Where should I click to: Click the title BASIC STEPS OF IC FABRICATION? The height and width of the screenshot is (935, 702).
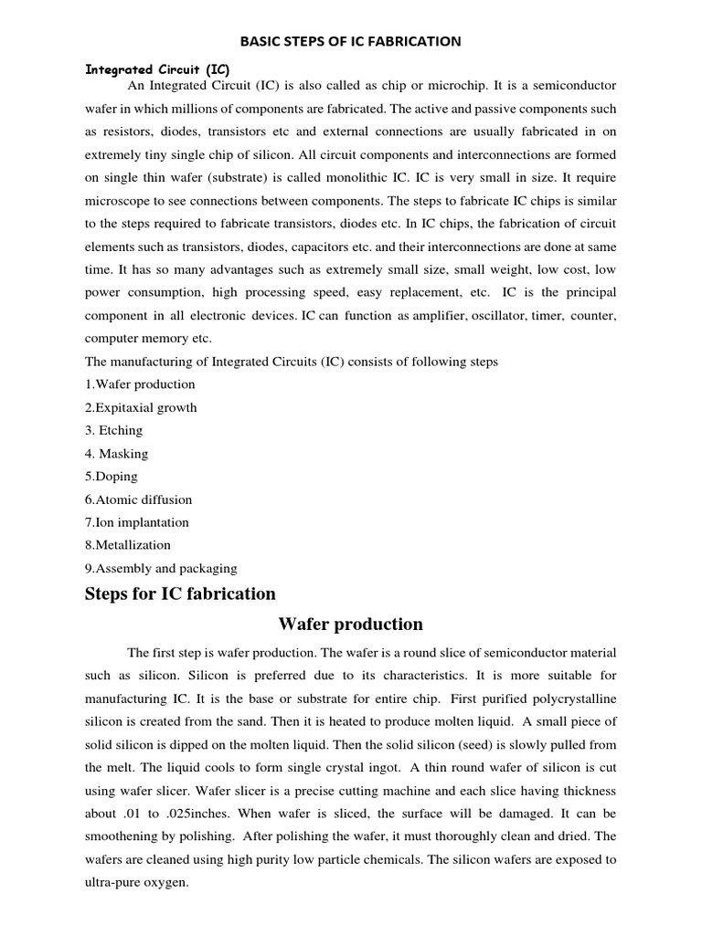coord(350,41)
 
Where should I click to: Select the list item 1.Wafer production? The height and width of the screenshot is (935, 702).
coord(140,384)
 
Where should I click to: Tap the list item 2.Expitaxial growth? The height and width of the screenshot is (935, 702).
coord(141,407)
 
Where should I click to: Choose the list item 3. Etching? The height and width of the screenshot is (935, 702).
coord(114,430)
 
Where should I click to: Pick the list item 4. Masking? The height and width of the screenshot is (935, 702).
coord(116,453)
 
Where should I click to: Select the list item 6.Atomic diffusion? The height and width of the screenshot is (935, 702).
coord(138,499)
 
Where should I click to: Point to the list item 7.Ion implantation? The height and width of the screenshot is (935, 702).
coord(137,522)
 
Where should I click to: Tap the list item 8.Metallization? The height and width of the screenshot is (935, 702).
coord(128,545)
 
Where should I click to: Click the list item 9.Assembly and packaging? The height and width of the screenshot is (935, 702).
coord(161,568)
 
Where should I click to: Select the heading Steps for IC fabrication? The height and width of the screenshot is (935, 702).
coord(180,594)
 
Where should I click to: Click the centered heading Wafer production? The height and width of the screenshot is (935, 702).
coord(350,625)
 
